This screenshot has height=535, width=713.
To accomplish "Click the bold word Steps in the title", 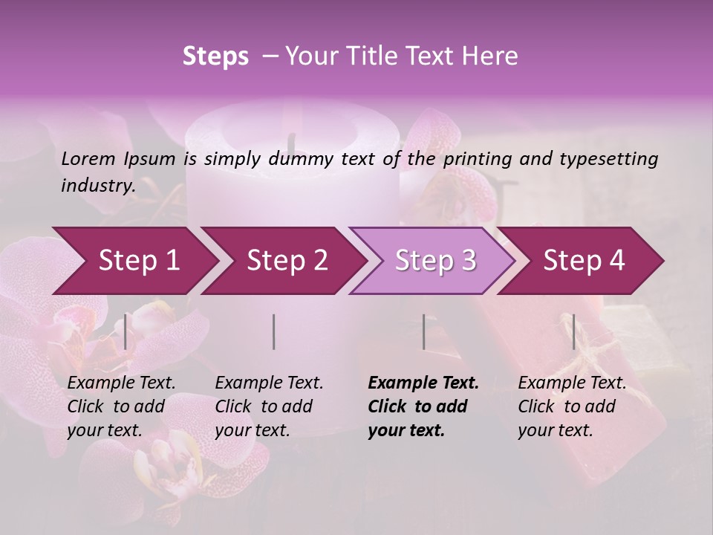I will click(215, 56).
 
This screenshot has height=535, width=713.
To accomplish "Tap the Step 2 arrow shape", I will click(287, 261).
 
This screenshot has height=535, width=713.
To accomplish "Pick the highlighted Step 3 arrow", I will click(435, 261).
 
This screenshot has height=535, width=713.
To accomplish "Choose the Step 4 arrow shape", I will click(584, 261).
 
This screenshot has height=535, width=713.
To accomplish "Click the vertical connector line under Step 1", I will click(126, 331).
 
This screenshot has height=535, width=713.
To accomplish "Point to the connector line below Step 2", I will click(274, 331).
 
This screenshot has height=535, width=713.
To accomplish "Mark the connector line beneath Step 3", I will click(423, 331).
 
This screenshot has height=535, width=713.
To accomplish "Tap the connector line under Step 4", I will click(573, 331).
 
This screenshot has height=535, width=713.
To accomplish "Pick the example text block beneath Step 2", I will click(270, 406).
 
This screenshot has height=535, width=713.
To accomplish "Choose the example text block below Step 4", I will click(572, 406).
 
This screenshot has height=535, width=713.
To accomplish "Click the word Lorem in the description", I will click(88, 158).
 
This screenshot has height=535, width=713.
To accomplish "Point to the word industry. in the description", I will click(98, 185).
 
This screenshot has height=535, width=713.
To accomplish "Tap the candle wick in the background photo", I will click(292, 141).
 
